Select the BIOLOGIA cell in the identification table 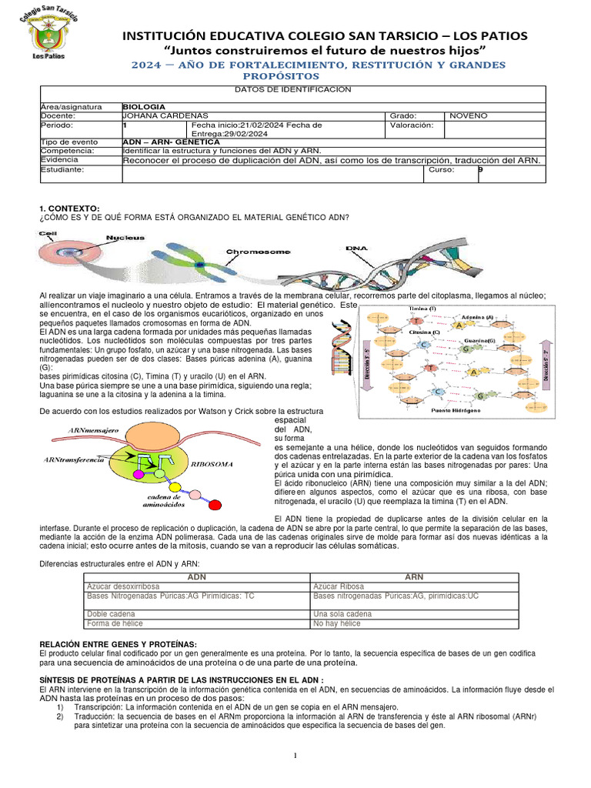coord(144,107)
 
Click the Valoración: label coord(412,125)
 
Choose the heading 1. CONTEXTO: coord(69,209)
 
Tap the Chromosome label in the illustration coord(257,252)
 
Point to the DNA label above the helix coord(356,248)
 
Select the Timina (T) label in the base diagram coord(422,308)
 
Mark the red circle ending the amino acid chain coord(217,505)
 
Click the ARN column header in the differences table coord(413,576)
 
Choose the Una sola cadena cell coord(343,614)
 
